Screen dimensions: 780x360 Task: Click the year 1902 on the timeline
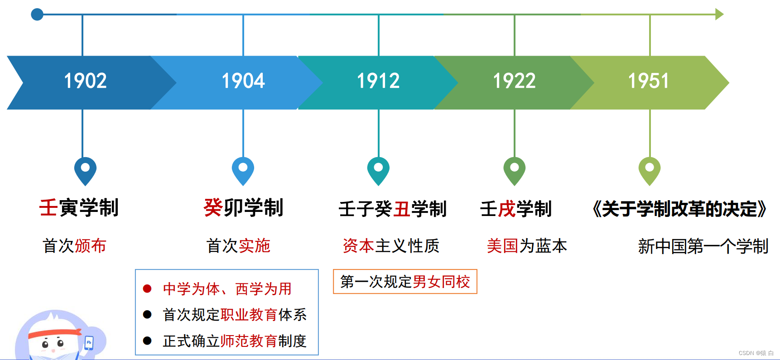[85, 82]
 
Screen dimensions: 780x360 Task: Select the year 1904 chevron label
[243, 82]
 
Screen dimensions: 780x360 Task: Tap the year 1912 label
[378, 82]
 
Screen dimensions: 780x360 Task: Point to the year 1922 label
[514, 82]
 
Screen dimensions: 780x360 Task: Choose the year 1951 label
[648, 82]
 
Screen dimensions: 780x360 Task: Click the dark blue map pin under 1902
[85, 169]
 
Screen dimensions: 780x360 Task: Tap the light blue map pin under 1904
[243, 169]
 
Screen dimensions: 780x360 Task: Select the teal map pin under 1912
[378, 169]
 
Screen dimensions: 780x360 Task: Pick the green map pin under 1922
[514, 169]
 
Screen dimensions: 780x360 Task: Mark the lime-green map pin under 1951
[649, 169]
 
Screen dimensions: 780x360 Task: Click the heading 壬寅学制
[79, 208]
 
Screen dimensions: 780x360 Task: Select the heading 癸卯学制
[243, 208]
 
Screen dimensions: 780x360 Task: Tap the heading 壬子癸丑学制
[392, 209]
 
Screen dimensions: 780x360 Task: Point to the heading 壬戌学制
[515, 209]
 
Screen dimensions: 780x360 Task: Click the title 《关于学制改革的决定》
[679, 209]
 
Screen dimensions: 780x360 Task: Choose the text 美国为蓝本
[526, 246]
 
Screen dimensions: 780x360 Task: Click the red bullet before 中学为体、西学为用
[147, 288]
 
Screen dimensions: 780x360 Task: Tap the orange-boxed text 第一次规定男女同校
[405, 282]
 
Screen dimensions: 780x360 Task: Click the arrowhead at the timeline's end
[719, 14]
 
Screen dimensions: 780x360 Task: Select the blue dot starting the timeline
[37, 14]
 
